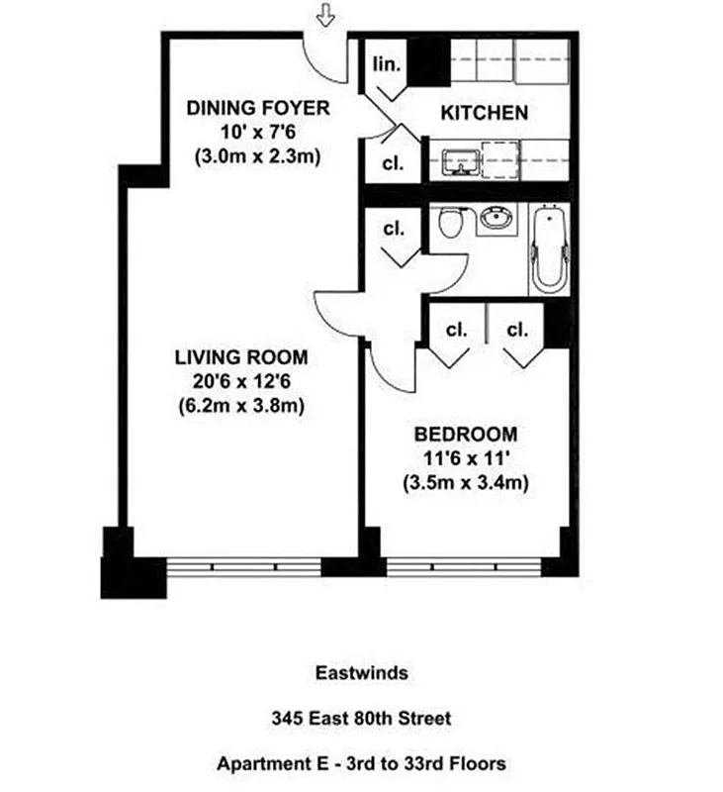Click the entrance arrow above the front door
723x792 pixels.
(x=323, y=14)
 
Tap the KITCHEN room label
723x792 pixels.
(x=484, y=113)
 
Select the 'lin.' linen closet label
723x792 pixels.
(x=387, y=65)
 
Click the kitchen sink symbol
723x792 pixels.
(x=459, y=160)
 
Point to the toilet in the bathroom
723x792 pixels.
(x=451, y=223)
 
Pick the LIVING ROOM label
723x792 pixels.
(x=241, y=357)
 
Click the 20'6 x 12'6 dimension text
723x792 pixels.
(x=241, y=381)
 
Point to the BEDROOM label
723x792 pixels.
(x=465, y=434)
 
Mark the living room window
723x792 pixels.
(x=242, y=567)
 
